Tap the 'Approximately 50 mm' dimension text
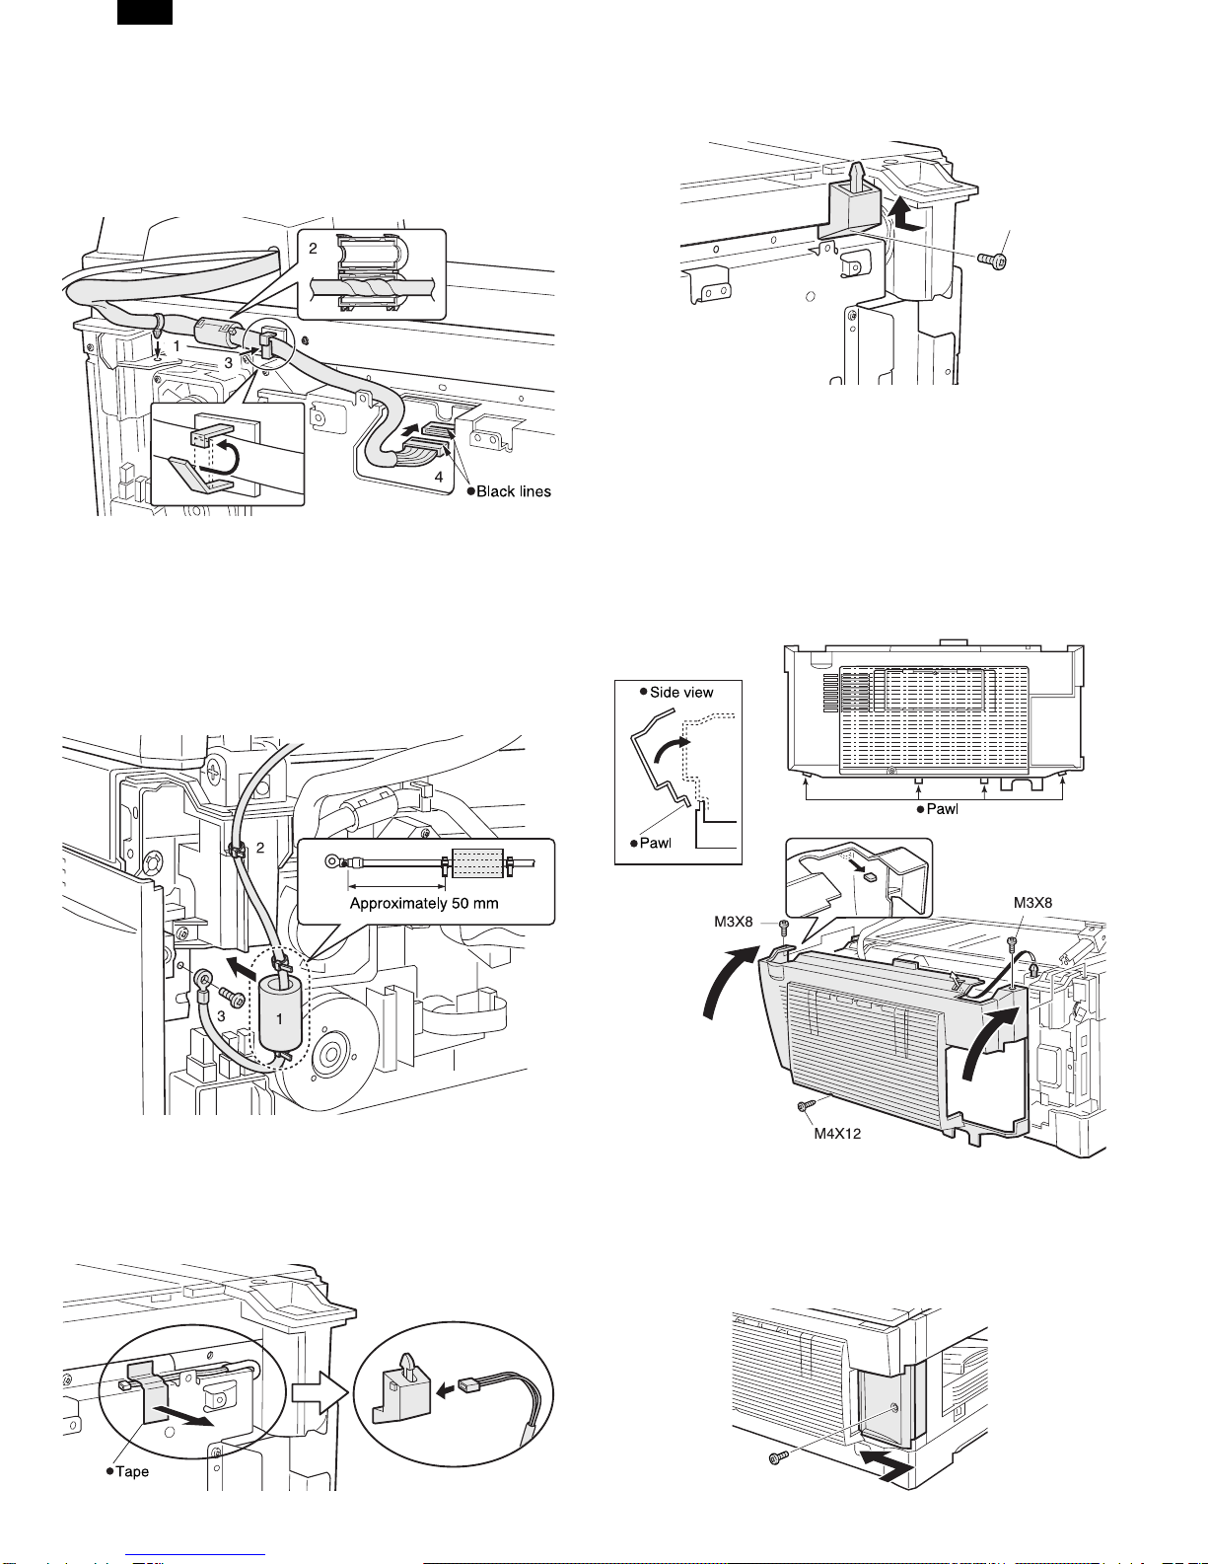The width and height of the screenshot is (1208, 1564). pos(424,903)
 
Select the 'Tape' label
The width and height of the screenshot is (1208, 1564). pos(131,1471)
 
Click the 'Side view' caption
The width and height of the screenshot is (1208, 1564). pos(680,692)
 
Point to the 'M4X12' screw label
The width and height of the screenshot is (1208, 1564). pos(837,1133)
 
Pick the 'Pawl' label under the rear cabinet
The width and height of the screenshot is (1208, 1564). pos(942,809)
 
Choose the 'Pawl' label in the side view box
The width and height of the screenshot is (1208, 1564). pos(655,843)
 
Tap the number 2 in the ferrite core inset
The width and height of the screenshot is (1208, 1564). pos(314,249)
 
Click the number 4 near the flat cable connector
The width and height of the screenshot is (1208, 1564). pos(439,476)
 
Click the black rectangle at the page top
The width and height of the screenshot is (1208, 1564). pos(145,12)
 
